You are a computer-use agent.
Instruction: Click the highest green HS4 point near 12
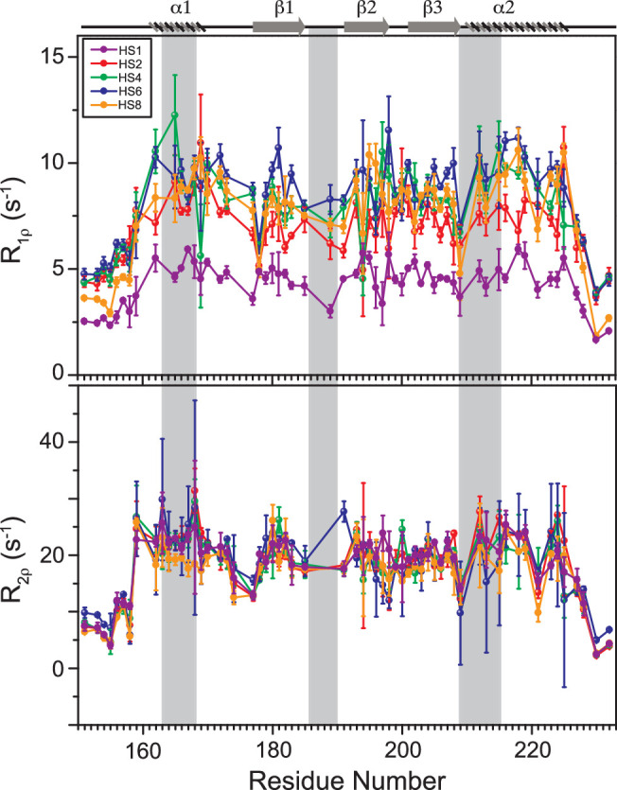[175, 115]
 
